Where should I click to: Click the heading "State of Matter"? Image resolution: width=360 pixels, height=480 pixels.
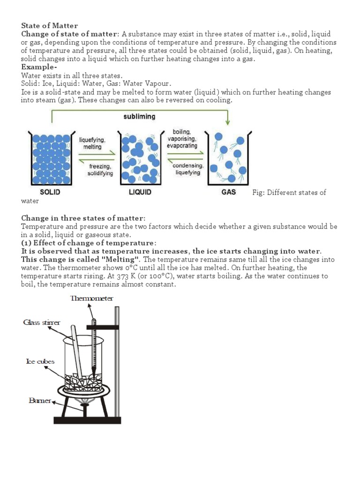[50, 26]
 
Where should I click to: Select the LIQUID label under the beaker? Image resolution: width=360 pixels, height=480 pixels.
[140, 192]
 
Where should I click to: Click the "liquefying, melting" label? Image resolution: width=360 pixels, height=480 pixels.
[92, 143]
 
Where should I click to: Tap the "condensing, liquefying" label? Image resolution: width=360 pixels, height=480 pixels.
[187, 169]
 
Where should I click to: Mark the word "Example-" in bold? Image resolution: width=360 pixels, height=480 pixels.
[37, 67]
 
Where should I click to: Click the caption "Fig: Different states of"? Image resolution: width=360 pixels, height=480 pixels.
[289, 193]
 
